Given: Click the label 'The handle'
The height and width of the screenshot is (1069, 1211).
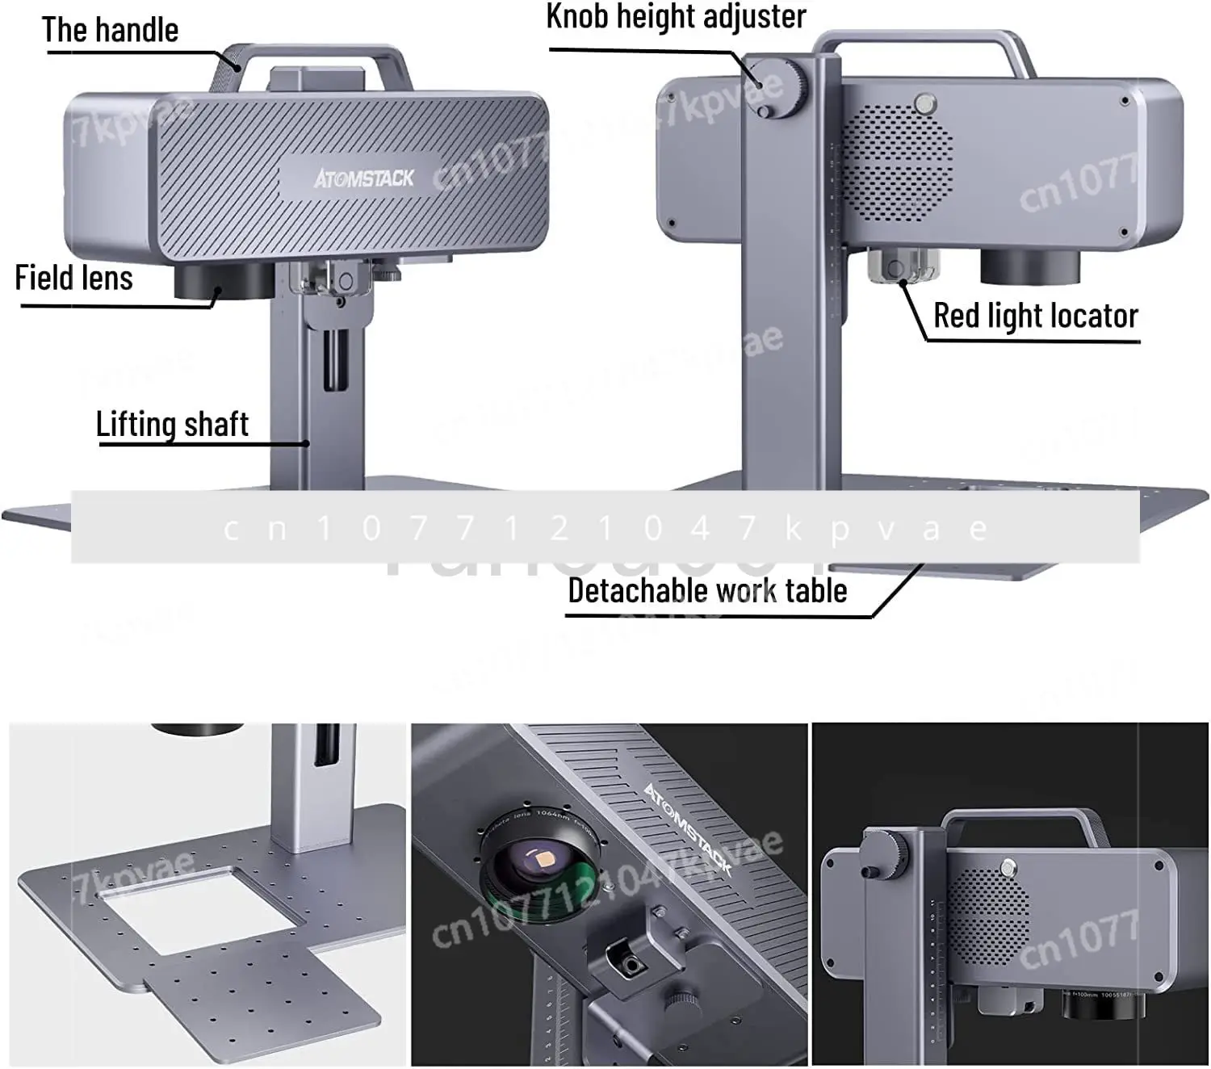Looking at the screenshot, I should pos(110,31).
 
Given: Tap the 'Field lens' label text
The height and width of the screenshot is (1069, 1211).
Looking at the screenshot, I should pos(73,279).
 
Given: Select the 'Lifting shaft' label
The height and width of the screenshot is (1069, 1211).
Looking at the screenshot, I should pos(172,425).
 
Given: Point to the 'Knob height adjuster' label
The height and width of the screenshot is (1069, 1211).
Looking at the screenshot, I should pos(676,17).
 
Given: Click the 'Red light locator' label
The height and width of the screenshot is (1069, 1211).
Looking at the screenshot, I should pos(1035,316).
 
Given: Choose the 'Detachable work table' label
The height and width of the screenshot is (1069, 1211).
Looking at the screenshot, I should pos(707,591).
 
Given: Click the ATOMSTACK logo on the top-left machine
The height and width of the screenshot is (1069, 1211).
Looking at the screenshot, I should pos(364,178).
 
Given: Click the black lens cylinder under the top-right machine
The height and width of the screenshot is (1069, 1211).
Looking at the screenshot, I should pos(1031,266).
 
